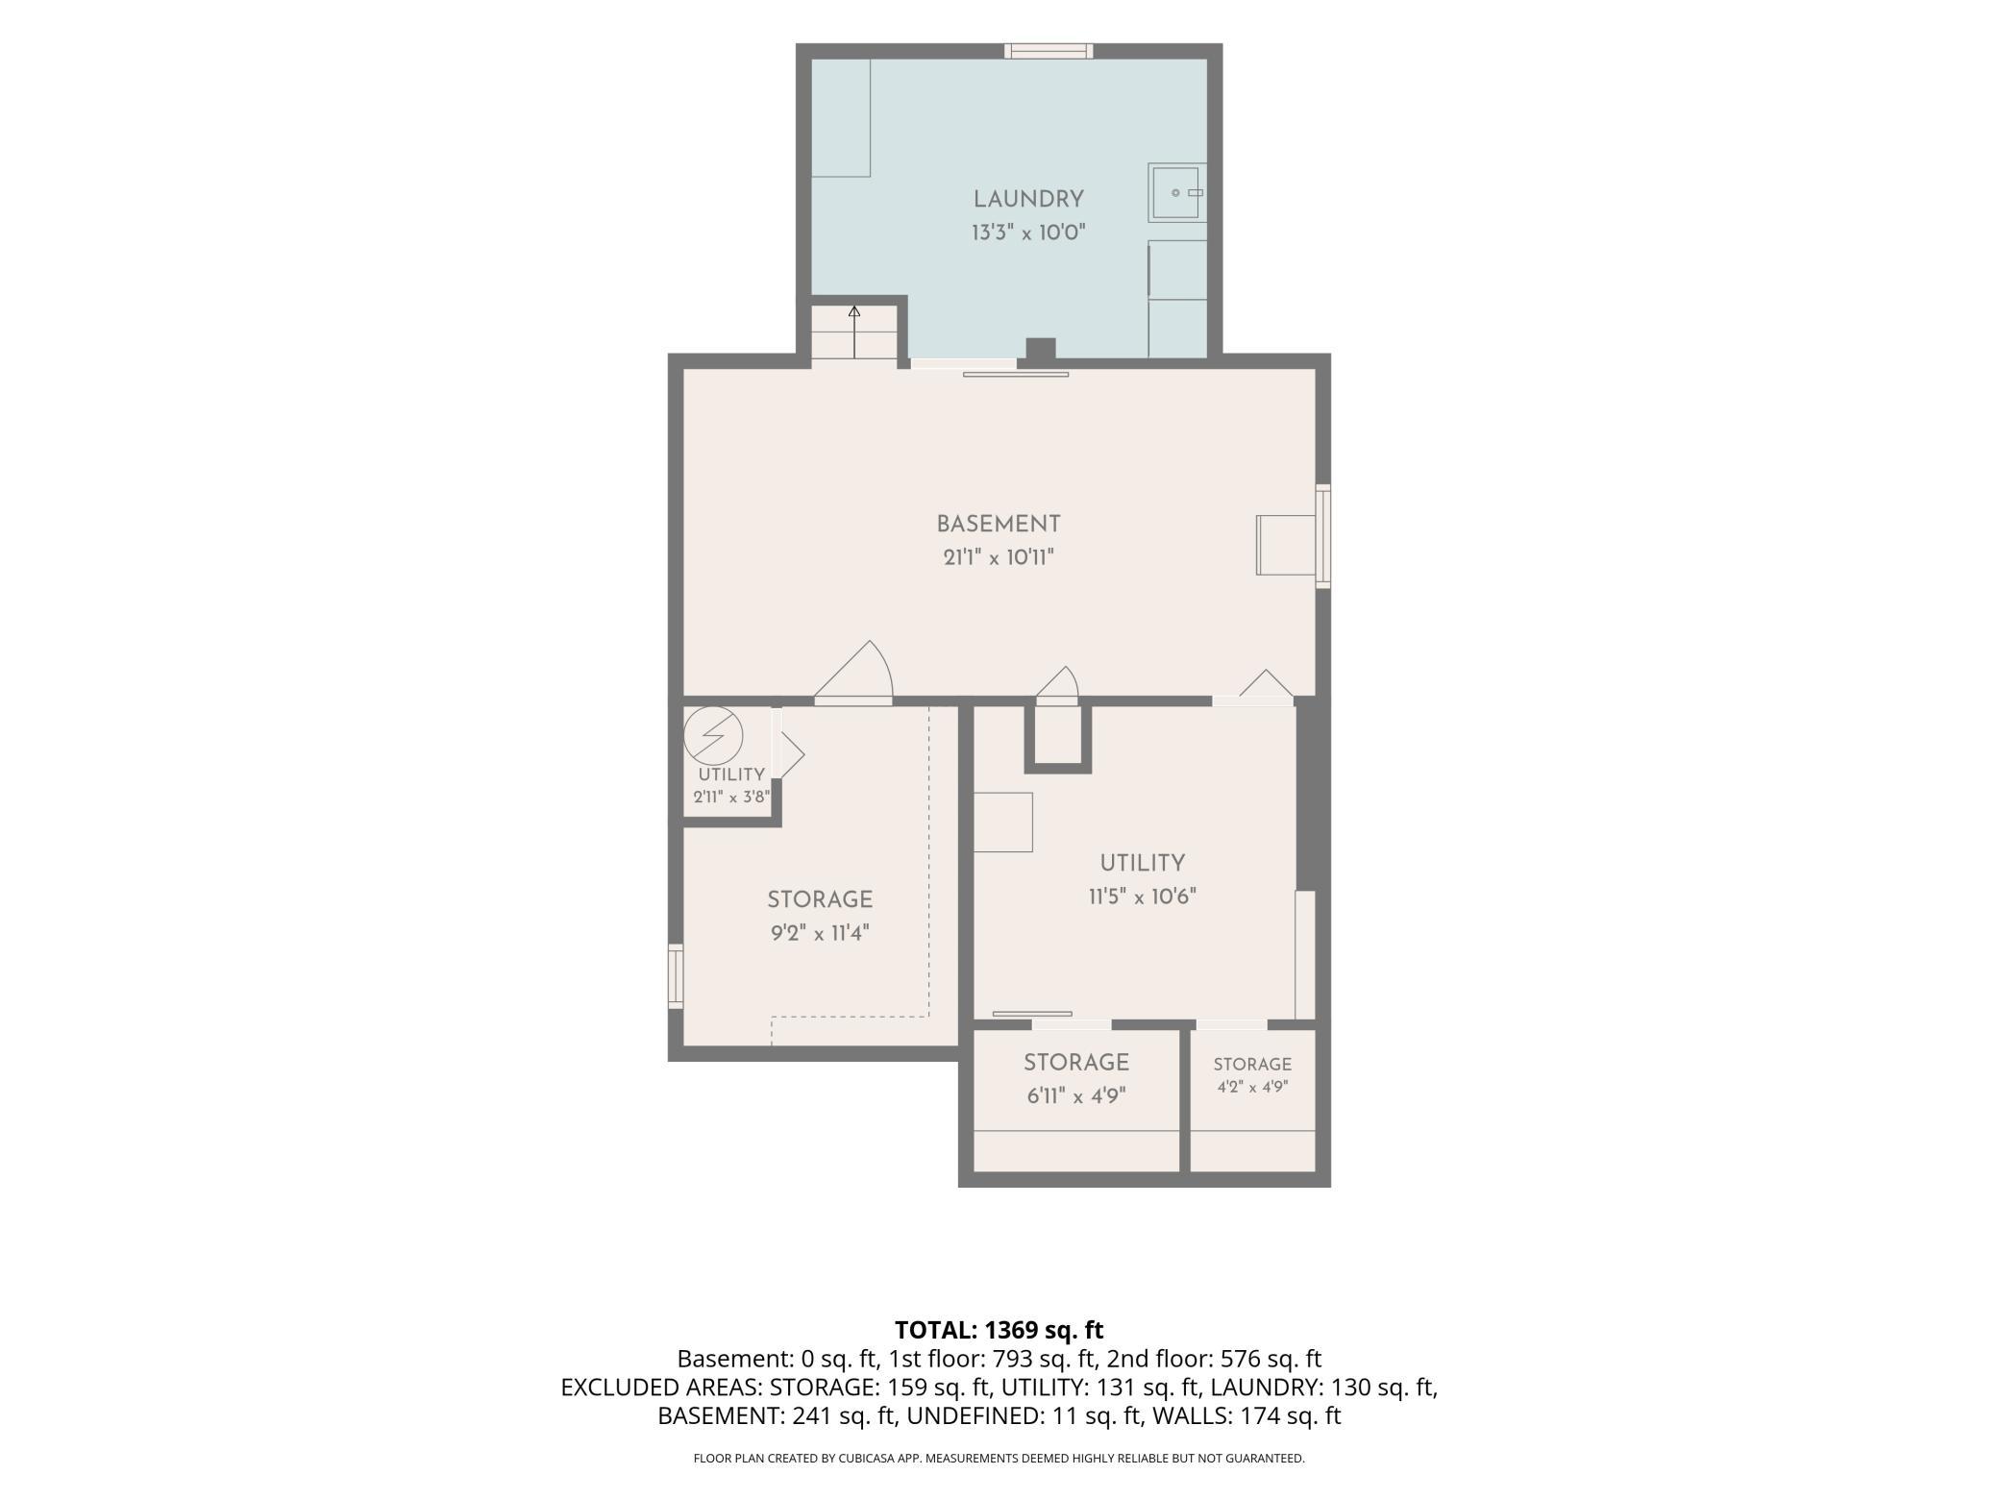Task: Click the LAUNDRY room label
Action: click(x=1028, y=199)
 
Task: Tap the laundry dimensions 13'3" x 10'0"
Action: click(x=1028, y=233)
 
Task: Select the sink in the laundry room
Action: click(x=1176, y=193)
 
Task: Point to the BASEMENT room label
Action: click(x=999, y=525)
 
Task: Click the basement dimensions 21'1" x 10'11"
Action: click(x=999, y=557)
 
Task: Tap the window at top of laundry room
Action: click(x=1049, y=51)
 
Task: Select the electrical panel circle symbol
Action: click(x=713, y=737)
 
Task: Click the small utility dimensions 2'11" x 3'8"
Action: click(x=731, y=797)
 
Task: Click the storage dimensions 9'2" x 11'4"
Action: click(x=820, y=933)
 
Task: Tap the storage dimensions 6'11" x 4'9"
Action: click(x=1076, y=1095)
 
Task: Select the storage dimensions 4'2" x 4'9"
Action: click(x=1252, y=1087)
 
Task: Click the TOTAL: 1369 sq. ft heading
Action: click(x=999, y=1330)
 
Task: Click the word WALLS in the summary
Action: click(x=1184, y=1415)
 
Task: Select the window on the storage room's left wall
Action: click(x=676, y=976)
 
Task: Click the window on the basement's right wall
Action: click(x=1323, y=536)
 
